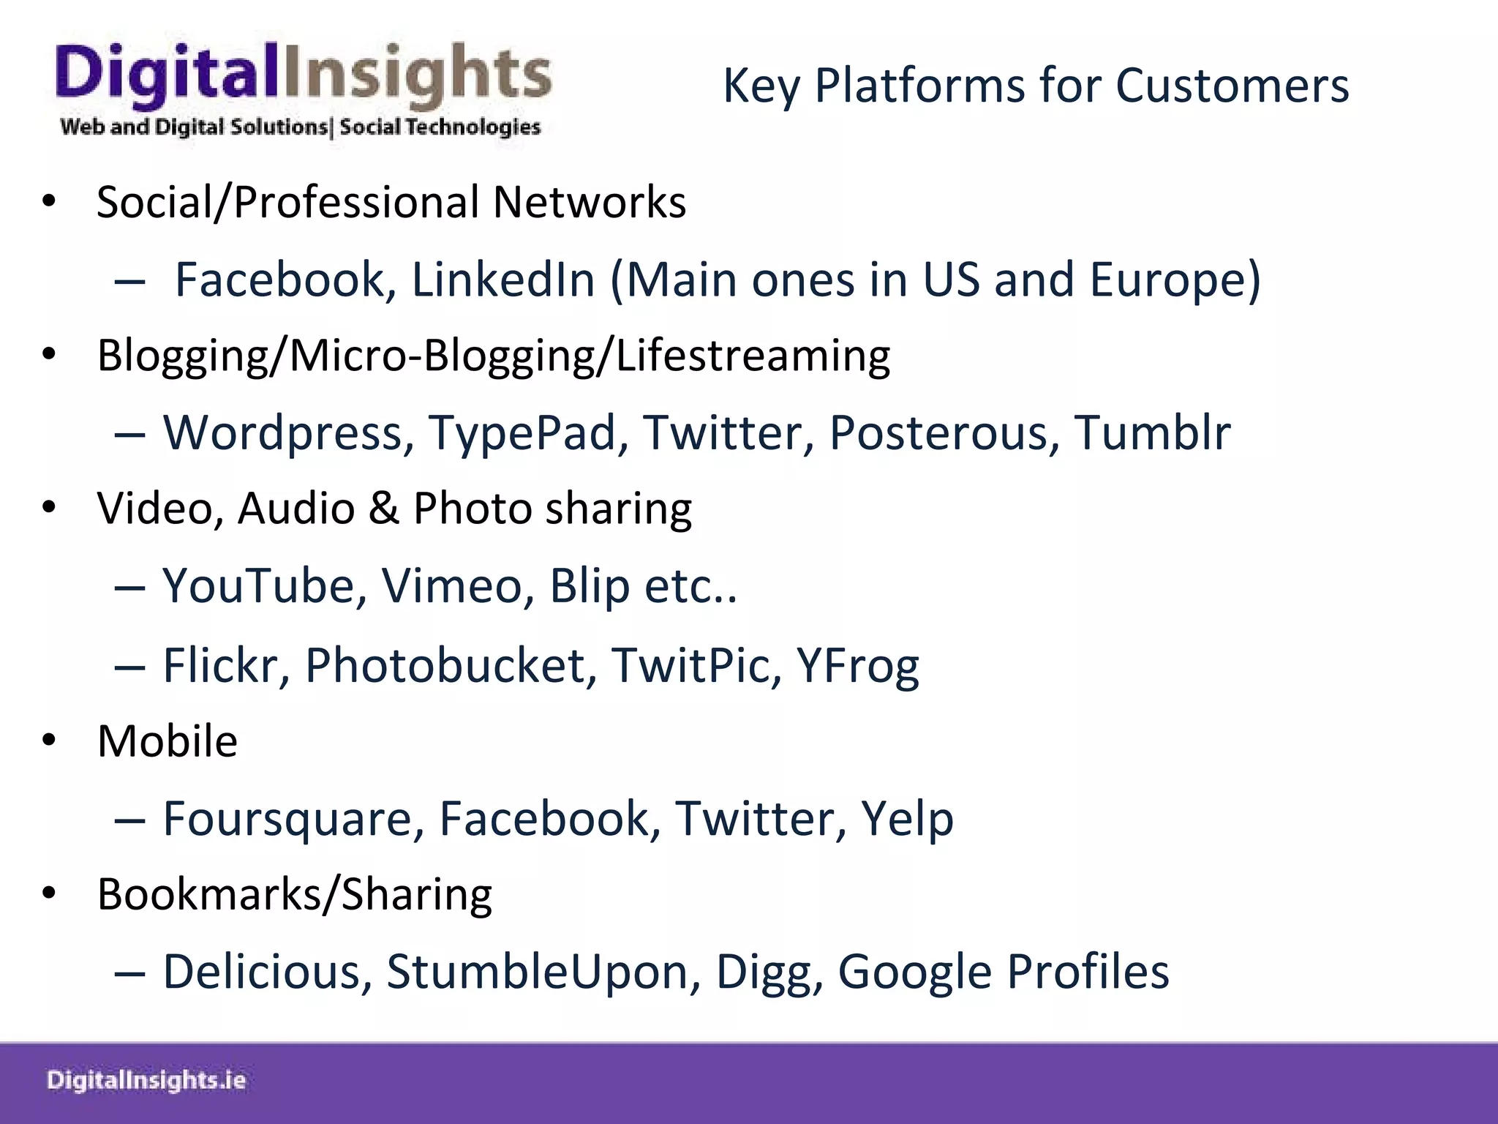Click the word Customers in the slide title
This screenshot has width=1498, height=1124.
click(1232, 86)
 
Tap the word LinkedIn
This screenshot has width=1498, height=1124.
click(503, 280)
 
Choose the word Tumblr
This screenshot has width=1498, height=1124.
click(1152, 433)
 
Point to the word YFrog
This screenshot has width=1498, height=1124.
click(857, 666)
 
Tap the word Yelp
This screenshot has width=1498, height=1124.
click(907, 819)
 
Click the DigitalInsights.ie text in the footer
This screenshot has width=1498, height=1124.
click(146, 1081)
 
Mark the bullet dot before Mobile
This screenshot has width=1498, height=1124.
click(49, 741)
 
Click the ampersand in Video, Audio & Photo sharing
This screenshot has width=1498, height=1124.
click(384, 509)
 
